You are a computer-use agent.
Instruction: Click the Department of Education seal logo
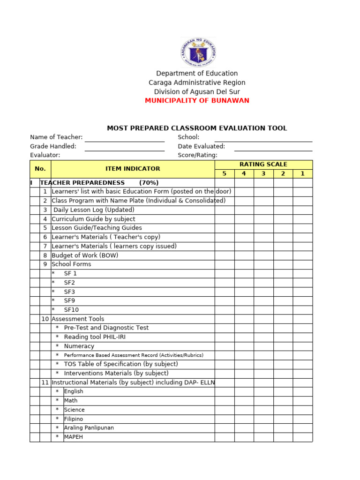pyautogui.click(x=198, y=52)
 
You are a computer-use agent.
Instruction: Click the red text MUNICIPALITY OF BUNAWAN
pyautogui.click(x=197, y=101)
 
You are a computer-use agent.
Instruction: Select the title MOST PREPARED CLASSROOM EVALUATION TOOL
pyautogui.click(x=197, y=128)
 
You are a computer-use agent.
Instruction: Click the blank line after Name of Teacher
pyautogui.click(x=124, y=138)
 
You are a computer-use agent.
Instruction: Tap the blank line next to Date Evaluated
pyautogui.click(x=273, y=147)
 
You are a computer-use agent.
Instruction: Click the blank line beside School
pyautogui.click(x=263, y=138)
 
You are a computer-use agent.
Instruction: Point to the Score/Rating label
pyautogui.click(x=197, y=155)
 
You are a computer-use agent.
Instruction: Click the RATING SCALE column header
pyautogui.click(x=263, y=165)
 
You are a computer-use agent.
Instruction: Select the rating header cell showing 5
pyautogui.click(x=225, y=173)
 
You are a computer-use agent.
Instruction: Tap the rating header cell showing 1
pyautogui.click(x=302, y=173)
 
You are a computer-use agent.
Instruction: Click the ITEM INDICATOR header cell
pyautogui.click(x=133, y=169)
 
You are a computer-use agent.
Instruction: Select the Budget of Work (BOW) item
pyautogui.click(x=85, y=255)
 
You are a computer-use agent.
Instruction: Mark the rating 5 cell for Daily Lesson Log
pyautogui.click(x=225, y=210)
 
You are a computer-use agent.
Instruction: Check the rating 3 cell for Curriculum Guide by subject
pyautogui.click(x=263, y=219)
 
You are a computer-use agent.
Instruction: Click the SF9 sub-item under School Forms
pyautogui.click(x=71, y=301)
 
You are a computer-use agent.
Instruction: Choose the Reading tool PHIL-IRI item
pyautogui.click(x=95, y=337)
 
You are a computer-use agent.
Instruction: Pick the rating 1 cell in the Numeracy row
pyautogui.click(x=302, y=346)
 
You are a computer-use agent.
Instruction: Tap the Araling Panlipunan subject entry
pyautogui.click(x=89, y=428)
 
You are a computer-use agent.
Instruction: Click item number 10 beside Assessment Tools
pyautogui.click(x=45, y=319)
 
